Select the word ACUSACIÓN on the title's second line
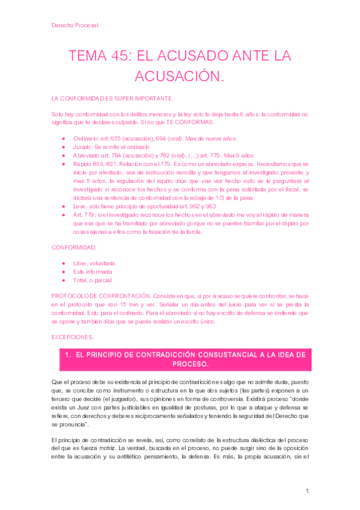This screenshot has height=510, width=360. [x=180, y=76]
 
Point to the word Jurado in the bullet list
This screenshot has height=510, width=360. [x=82, y=146]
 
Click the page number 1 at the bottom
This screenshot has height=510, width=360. [x=307, y=491]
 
